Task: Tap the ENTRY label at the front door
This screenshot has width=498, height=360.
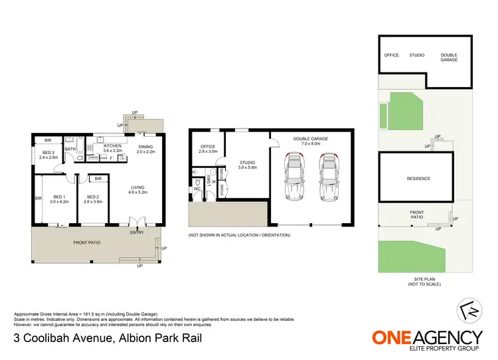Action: point(137,232)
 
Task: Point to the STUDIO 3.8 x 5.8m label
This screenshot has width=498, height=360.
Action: point(248,165)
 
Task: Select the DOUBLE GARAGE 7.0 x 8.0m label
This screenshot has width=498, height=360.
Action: point(311,141)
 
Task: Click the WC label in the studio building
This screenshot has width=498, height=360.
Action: point(197,189)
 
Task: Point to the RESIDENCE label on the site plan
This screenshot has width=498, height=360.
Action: point(418,179)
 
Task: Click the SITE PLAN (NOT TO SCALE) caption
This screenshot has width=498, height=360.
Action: point(424,281)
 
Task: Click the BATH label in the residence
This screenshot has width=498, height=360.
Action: point(70,149)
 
